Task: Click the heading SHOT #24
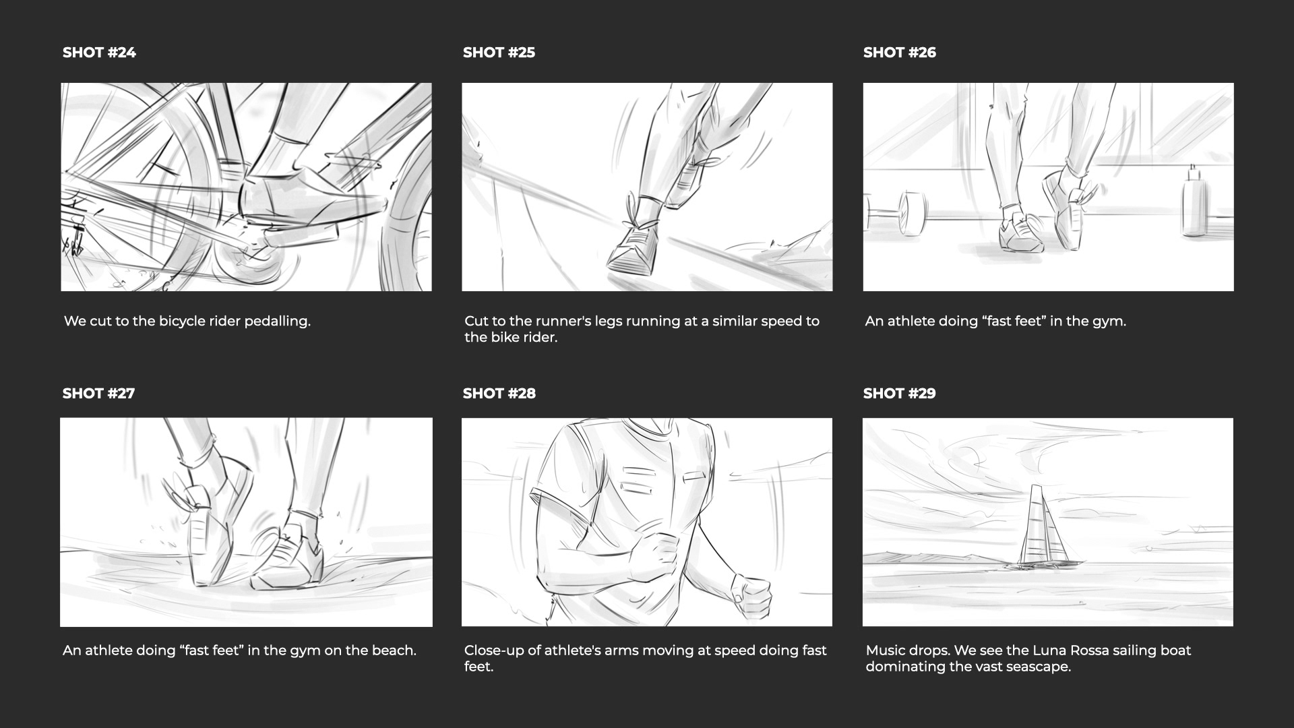coord(99,53)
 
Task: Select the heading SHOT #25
coord(499,53)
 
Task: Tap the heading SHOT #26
coord(900,53)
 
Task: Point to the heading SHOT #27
coord(98,394)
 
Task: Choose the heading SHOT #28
coord(499,394)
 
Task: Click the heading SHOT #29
coord(900,394)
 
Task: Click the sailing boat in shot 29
coord(1041,529)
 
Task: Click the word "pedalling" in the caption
coord(277,322)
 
